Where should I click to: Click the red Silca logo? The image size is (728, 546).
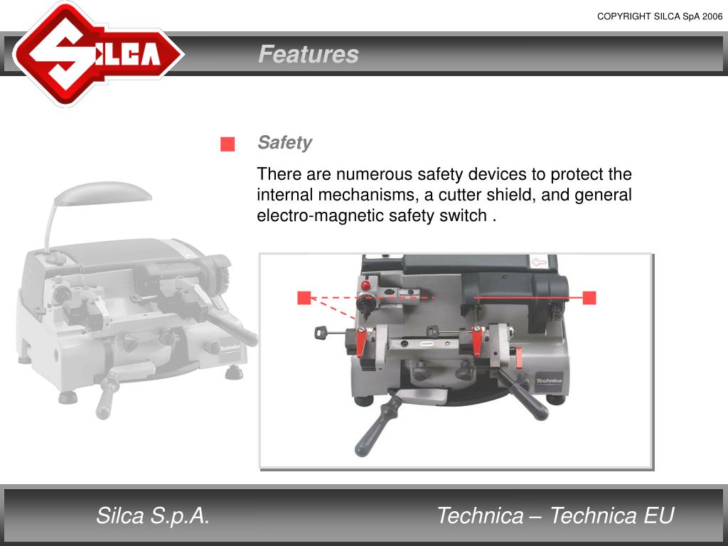(x=98, y=54)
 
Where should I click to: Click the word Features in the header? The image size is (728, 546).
(x=309, y=54)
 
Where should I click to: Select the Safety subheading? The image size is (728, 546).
(x=284, y=142)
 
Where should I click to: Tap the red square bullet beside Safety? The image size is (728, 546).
(x=227, y=144)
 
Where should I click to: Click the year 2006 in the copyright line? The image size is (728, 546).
(x=712, y=16)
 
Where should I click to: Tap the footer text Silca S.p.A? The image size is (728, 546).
(x=153, y=516)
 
